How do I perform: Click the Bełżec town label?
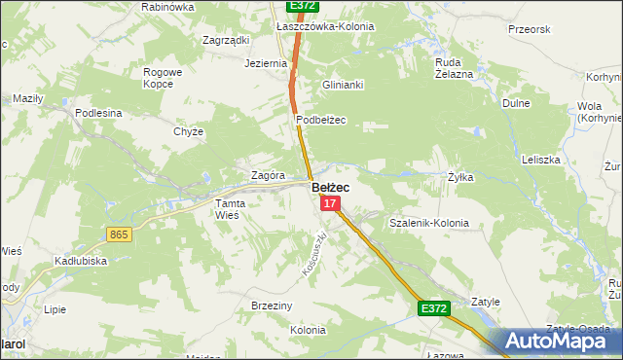331,187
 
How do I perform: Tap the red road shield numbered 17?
331,203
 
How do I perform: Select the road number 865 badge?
120,234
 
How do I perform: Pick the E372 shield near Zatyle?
434,308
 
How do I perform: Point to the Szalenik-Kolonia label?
428,223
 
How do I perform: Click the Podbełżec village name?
321,120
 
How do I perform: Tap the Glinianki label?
343,85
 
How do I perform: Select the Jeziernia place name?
267,63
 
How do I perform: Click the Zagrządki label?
226,40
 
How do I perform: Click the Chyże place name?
188,131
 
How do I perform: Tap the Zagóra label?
268,175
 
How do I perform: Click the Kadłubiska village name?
81,261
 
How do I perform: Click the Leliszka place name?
540,159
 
